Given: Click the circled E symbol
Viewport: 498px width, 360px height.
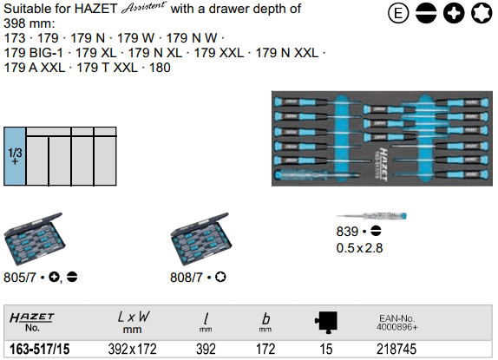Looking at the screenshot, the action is point(398,13).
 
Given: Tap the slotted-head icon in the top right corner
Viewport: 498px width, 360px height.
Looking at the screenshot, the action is point(426,13).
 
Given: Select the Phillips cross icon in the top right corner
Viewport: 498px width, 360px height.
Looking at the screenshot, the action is point(454,13).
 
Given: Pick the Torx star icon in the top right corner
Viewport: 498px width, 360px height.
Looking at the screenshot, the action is point(482,13).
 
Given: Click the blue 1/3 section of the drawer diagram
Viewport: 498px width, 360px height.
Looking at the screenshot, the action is point(15,156).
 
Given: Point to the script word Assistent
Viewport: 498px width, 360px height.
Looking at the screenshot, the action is point(143,8).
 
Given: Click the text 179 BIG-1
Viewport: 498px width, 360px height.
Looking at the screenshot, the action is point(33,53).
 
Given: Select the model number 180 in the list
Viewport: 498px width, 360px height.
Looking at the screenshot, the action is point(160,68).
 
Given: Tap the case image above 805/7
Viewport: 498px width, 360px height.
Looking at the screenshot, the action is point(34,239).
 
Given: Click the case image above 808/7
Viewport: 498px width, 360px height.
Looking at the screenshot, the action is point(200,239).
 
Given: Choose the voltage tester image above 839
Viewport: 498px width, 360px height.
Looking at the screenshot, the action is point(371,216).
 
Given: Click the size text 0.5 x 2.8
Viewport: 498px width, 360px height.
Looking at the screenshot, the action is point(359,248).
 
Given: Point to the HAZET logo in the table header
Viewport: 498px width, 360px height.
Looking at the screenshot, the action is point(32,317).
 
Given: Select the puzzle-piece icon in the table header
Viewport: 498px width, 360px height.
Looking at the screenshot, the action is point(326,322).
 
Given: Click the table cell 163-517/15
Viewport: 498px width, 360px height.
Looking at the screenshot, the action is point(40,350).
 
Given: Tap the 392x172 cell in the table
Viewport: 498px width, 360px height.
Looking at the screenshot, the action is point(133,350).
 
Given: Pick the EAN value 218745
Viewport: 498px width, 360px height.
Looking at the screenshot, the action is point(396,350).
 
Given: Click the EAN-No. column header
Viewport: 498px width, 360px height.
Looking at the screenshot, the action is point(397,323).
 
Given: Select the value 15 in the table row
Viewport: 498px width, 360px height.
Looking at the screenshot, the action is point(326,350).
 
